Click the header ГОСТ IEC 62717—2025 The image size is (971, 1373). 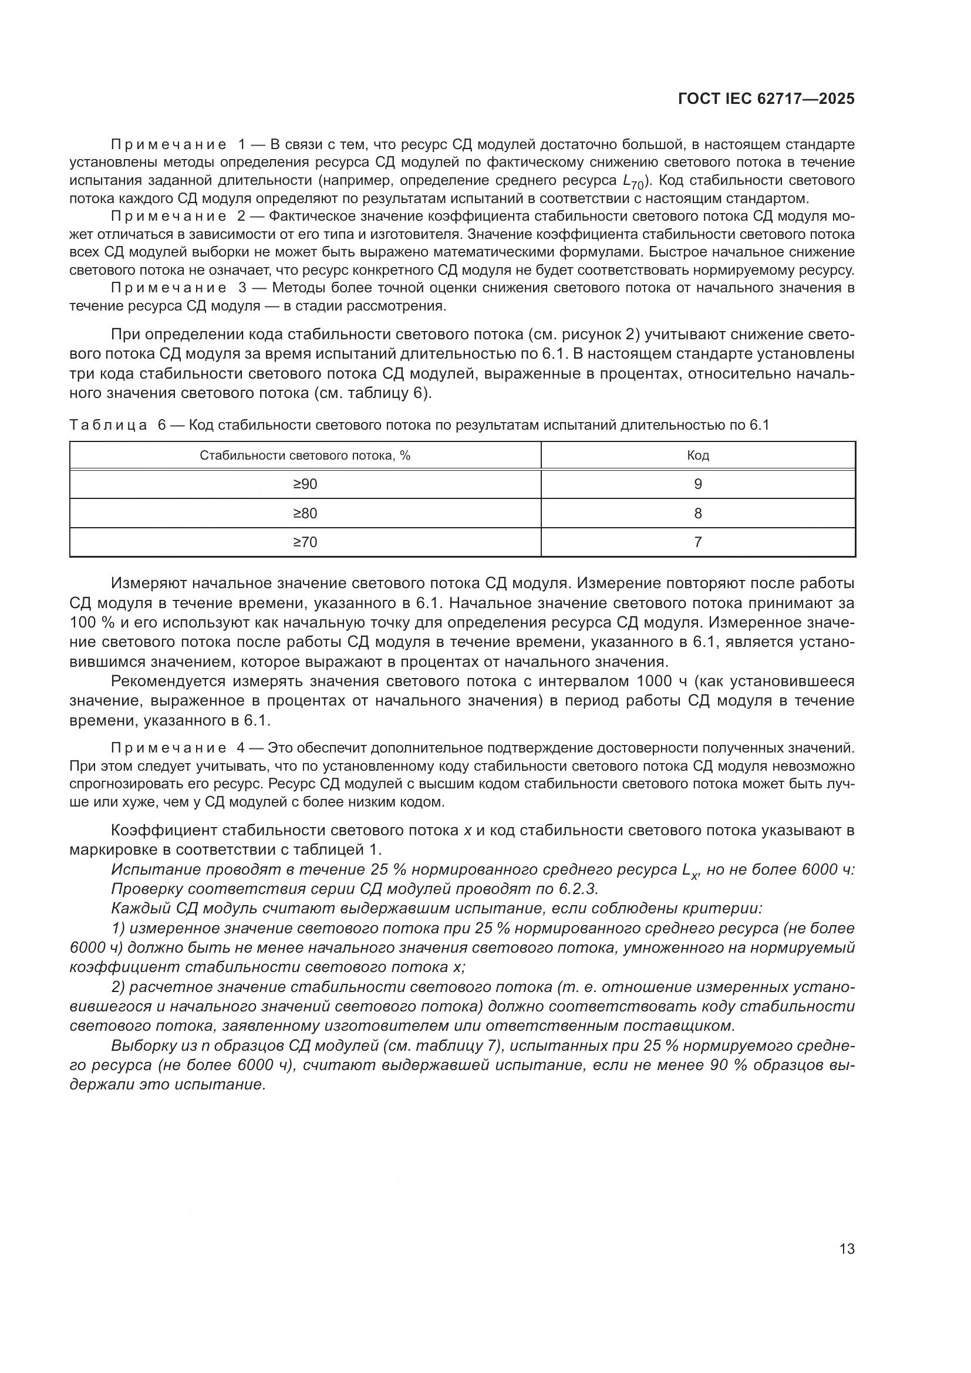(x=766, y=99)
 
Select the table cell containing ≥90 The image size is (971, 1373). (x=305, y=484)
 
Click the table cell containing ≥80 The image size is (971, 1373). (x=305, y=513)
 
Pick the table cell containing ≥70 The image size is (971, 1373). (x=305, y=542)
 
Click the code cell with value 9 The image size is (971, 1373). (x=698, y=484)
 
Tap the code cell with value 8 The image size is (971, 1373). (x=698, y=513)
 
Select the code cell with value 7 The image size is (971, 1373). (x=698, y=542)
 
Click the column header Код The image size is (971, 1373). (x=698, y=455)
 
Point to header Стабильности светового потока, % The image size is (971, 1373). (x=305, y=455)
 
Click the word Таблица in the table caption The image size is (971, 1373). (x=108, y=425)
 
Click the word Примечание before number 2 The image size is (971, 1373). (x=168, y=216)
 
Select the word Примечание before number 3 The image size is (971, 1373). (x=168, y=288)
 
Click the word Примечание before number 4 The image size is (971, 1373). (x=168, y=748)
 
